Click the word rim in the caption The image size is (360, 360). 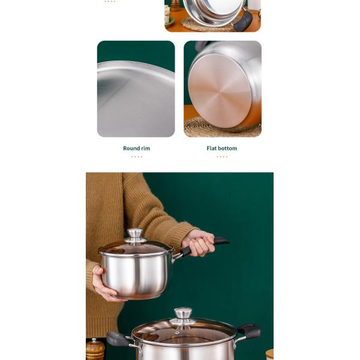[146, 148]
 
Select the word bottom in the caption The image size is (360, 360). [228, 148]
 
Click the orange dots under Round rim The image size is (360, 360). [137, 157]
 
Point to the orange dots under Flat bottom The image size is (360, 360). [222, 157]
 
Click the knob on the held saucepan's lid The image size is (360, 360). [136, 234]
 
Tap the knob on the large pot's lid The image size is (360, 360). [183, 313]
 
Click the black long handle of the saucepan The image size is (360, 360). [204, 245]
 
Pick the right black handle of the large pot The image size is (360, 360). [249, 331]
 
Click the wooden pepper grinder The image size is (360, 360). [95, 349]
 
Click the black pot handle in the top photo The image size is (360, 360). [244, 22]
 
